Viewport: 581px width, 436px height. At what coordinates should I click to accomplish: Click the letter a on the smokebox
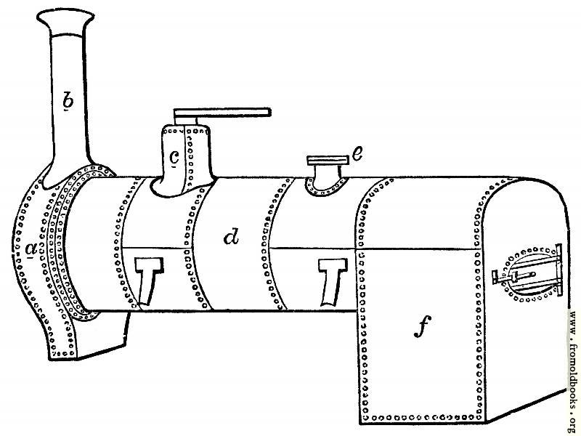point(31,249)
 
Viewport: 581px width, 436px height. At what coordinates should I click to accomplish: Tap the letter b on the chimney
point(68,100)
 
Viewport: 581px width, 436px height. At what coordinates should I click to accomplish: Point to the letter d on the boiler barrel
point(232,237)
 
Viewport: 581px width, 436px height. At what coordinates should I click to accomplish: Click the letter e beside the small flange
point(357,153)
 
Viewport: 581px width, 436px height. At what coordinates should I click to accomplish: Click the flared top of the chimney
point(65,22)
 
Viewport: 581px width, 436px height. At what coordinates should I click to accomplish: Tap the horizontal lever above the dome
point(222,113)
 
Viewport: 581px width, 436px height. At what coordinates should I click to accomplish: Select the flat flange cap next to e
point(328,160)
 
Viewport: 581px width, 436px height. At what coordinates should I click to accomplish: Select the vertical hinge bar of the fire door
point(559,270)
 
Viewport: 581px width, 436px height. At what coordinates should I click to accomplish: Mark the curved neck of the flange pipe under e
point(326,177)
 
